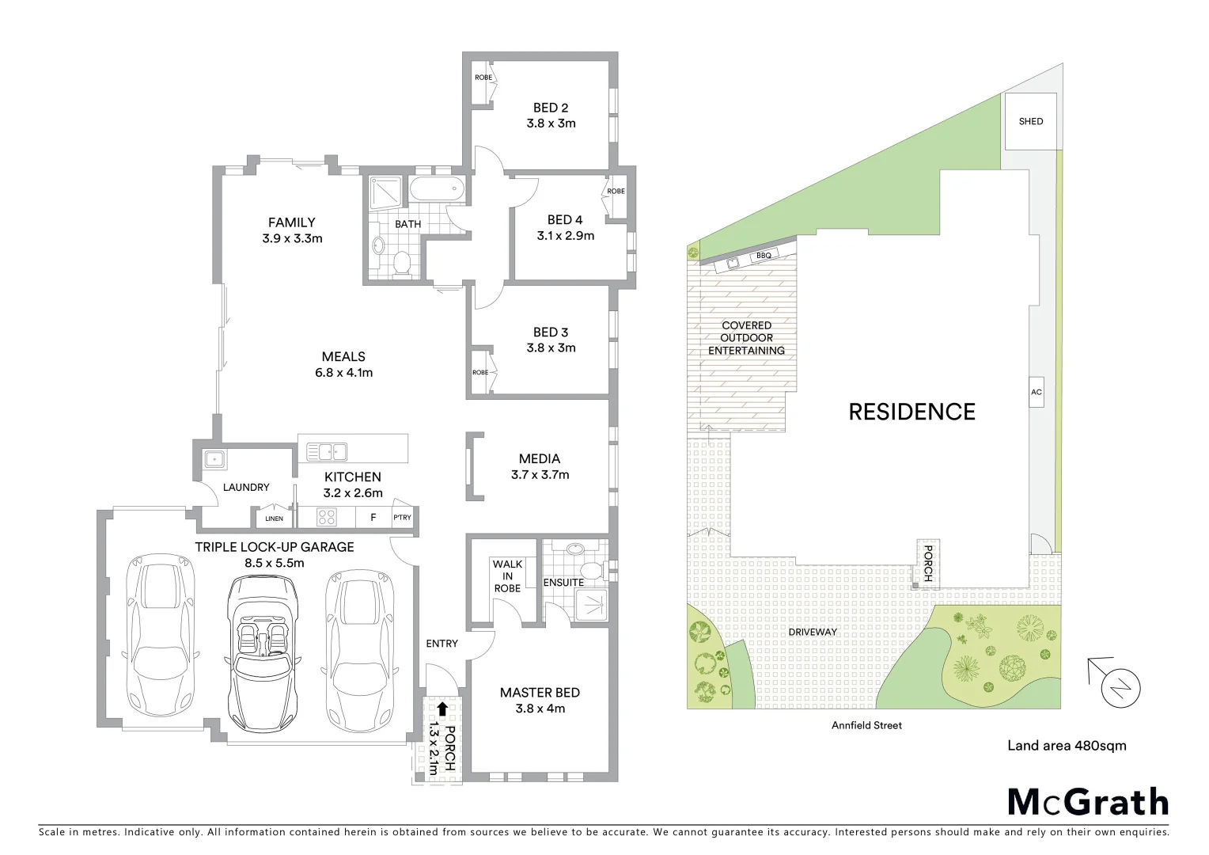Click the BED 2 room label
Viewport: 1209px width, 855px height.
[551, 108]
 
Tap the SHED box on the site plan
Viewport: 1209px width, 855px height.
[1030, 121]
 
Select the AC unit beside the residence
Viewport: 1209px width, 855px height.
[1037, 392]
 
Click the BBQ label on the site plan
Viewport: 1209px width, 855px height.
[763, 256]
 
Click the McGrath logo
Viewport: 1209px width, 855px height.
[1087, 802]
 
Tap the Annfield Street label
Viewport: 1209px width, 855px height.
[866, 725]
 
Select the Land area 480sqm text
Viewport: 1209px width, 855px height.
[1066, 745]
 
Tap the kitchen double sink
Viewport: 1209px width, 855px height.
[327, 452]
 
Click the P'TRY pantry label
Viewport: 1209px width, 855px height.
[402, 518]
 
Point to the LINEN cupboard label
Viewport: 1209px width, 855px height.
[274, 519]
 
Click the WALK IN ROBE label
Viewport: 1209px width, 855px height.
[507, 576]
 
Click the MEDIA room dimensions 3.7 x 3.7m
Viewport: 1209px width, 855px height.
[540, 475]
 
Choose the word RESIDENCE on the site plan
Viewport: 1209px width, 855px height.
[911, 412]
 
